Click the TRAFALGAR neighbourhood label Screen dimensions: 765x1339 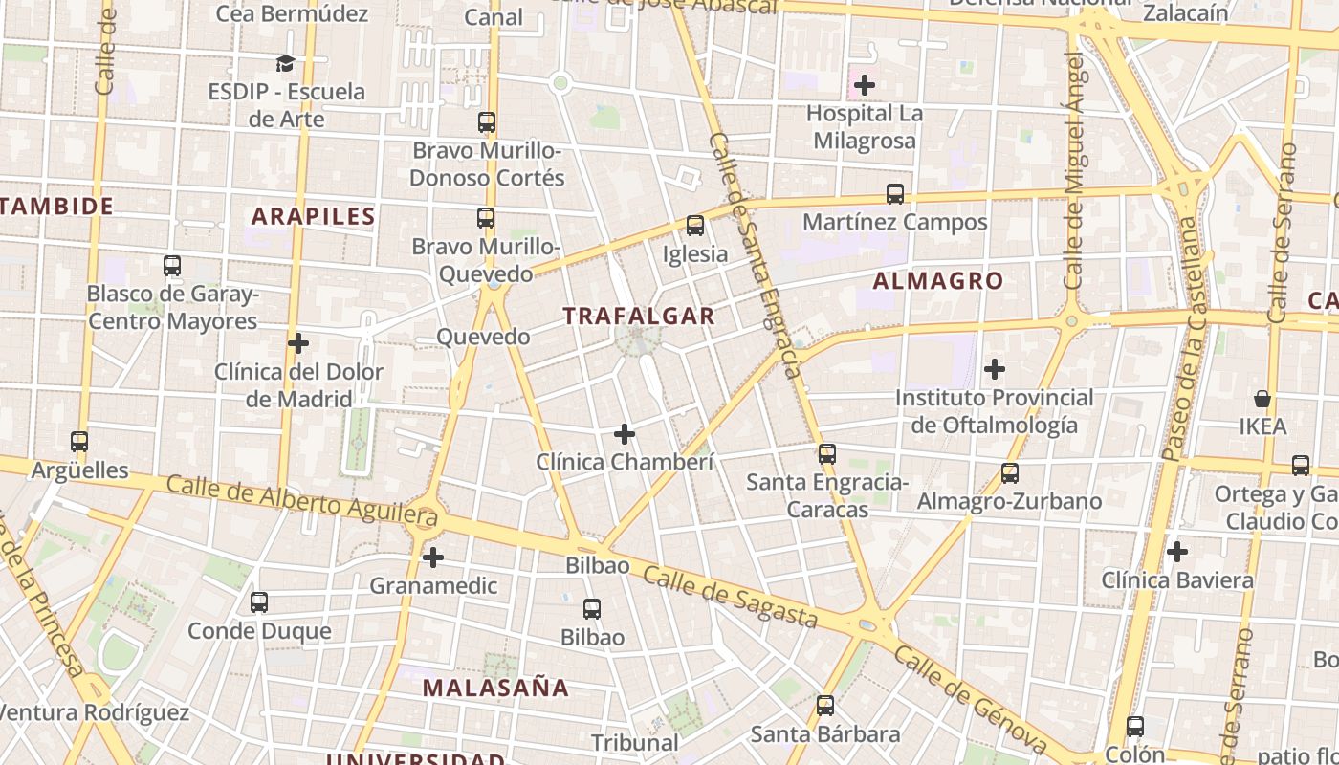coord(638,316)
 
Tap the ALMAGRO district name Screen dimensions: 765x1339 coord(938,280)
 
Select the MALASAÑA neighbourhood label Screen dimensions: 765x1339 coord(495,687)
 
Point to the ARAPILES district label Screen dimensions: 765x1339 coord(314,216)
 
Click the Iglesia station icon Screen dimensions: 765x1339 coord(695,226)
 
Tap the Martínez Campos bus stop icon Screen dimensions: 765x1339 coord(895,194)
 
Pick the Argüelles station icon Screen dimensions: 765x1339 coord(79,442)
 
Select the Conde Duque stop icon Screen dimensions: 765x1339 coord(259,602)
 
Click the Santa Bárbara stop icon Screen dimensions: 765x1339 coord(825,706)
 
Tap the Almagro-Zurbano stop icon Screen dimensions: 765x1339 coord(1010,472)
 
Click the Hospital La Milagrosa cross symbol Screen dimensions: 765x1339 coord(865,85)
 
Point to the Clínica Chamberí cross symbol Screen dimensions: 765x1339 coord(625,434)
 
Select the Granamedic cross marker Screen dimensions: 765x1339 coord(433,557)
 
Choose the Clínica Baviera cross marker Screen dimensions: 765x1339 coord(1177,552)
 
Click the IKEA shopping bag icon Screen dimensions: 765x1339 coord(1262,399)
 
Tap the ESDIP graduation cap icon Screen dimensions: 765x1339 coord(285,63)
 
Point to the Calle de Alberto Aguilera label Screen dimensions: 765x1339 coord(301,501)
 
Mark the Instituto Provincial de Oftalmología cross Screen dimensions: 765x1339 coord(995,368)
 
